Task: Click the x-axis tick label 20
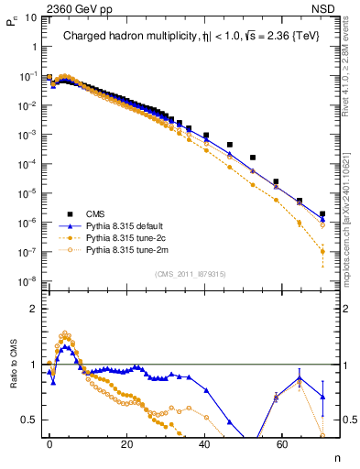pos(127,443)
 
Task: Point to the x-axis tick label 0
pos(49,443)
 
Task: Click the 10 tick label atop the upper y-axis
pos(28,19)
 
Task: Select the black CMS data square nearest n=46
pos(229,145)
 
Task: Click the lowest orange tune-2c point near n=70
pos(322,251)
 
